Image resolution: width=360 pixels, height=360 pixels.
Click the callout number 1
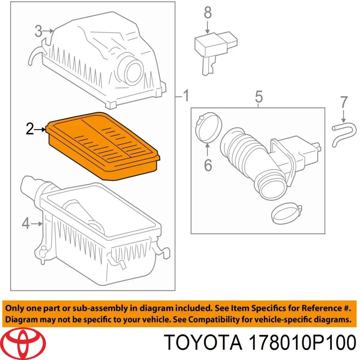pyautogui.click(x=186, y=96)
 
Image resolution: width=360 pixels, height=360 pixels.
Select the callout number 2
pyautogui.click(x=29, y=129)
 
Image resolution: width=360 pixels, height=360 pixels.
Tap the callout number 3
pyautogui.click(x=38, y=31)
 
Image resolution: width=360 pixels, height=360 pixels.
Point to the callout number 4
pyautogui.click(x=26, y=223)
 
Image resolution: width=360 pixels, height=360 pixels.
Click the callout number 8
pyautogui.click(x=208, y=13)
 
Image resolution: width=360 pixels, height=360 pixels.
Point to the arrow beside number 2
pyautogui.click(x=40, y=130)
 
